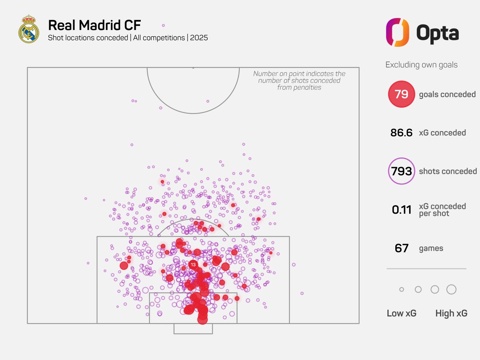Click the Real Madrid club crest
click(29, 29)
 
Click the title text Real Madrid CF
click(94, 25)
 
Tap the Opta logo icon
click(398, 32)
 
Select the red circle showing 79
click(401, 94)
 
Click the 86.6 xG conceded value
click(401, 133)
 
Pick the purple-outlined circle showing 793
click(401, 171)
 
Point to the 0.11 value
click(401, 210)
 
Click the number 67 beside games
click(401, 248)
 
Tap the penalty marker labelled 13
click(193, 264)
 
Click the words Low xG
click(402, 313)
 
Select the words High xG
click(451, 313)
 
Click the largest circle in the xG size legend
click(451, 289)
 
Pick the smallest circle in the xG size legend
click(402, 289)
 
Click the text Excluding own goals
click(422, 65)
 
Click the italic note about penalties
click(299, 80)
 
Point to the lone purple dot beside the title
click(163, 25)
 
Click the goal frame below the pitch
click(193, 329)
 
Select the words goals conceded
click(447, 94)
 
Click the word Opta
click(438, 32)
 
